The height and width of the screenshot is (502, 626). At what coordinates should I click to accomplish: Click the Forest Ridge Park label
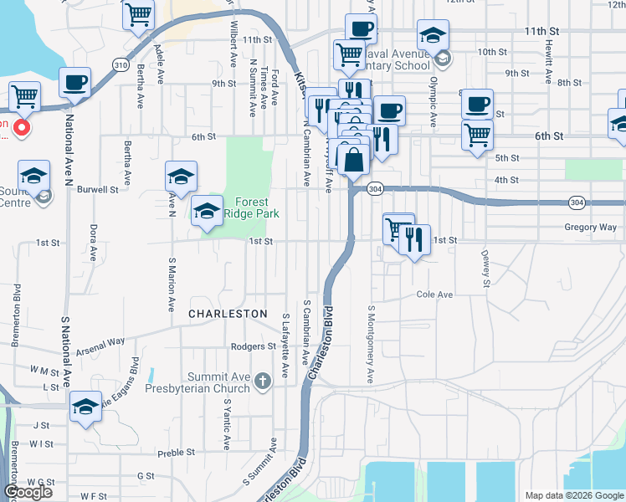pyautogui.click(x=252, y=207)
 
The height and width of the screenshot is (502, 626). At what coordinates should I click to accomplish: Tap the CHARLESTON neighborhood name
pyautogui.click(x=228, y=313)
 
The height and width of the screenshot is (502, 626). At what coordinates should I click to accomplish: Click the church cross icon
pyautogui.click(x=263, y=382)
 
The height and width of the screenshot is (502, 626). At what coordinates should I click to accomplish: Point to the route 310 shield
pyautogui.click(x=121, y=64)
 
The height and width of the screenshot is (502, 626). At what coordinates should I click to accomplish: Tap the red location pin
pyautogui.click(x=23, y=129)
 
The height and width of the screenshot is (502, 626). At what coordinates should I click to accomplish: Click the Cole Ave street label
pyautogui.click(x=434, y=295)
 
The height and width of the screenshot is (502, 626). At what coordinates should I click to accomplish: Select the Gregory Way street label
pyautogui.click(x=591, y=227)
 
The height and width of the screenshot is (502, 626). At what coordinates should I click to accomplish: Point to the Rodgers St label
pyautogui.click(x=254, y=346)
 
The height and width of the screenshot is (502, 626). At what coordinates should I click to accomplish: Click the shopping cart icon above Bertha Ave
pyautogui.click(x=139, y=13)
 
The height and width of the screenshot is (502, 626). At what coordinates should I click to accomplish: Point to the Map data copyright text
pyautogui.click(x=573, y=495)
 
